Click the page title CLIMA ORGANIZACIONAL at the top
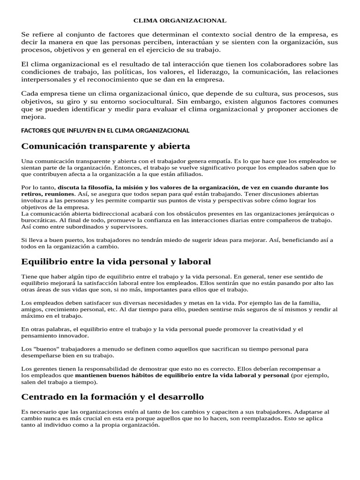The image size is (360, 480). point(180,21)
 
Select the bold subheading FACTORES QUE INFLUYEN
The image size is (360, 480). point(105,130)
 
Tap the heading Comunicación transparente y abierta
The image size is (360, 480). point(105,147)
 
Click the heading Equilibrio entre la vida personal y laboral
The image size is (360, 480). point(116,261)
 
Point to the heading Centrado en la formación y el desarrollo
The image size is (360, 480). point(112,397)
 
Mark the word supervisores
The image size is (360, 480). point(124,227)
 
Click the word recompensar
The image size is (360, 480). point(298,368)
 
